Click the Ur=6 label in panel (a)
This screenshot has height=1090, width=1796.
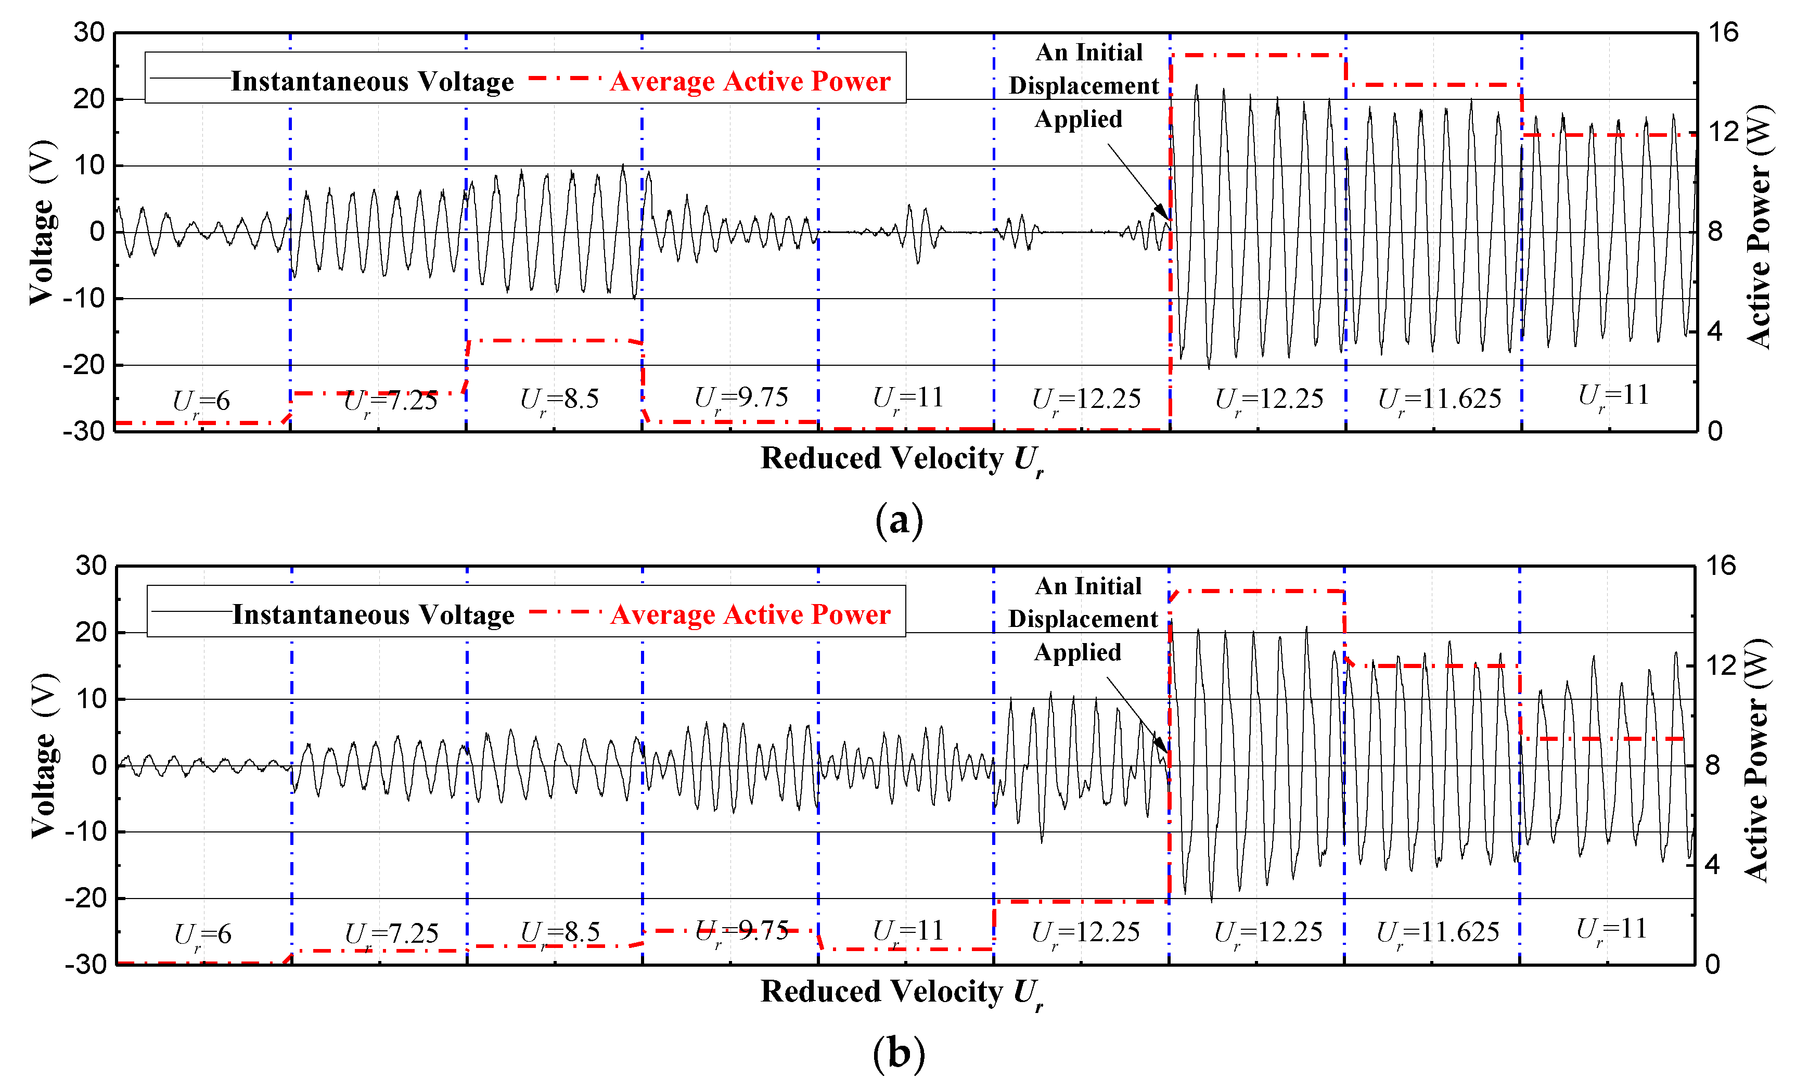[201, 401]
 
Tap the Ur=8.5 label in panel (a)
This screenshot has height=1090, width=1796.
[559, 400]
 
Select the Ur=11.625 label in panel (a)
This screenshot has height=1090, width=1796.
[1440, 400]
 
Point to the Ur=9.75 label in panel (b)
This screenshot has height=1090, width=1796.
[741, 931]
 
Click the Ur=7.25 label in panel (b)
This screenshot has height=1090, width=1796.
[391, 934]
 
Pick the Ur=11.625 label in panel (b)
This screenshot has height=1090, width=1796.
[1438, 932]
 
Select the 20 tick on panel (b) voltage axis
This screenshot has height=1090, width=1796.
[91, 632]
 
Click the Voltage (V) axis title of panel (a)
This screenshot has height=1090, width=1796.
[42, 222]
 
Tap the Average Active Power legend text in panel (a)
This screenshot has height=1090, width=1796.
[750, 81]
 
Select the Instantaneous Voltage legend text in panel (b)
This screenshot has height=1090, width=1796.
[373, 614]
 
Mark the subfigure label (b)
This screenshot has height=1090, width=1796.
[899, 1054]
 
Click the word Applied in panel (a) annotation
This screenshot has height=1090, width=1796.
[1078, 119]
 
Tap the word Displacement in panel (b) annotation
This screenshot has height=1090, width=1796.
[1083, 619]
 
